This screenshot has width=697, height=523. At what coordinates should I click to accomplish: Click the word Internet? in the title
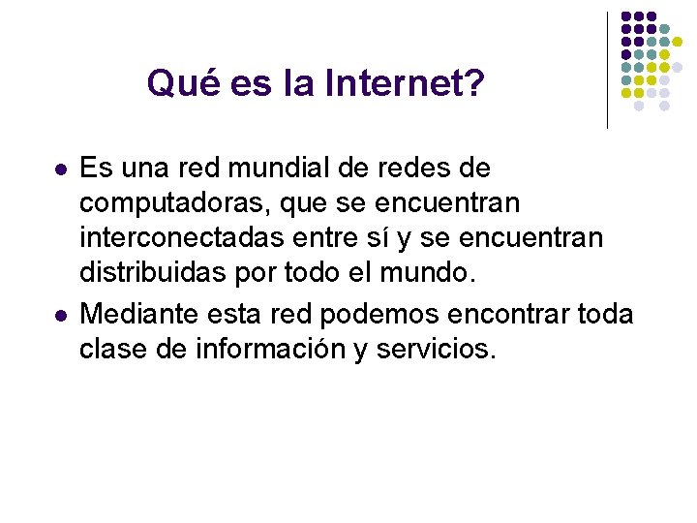point(405,84)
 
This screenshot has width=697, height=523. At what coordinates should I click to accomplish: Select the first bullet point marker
point(61,169)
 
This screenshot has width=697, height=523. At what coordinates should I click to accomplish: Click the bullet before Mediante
point(61,315)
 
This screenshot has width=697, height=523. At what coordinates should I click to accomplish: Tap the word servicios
point(436,350)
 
